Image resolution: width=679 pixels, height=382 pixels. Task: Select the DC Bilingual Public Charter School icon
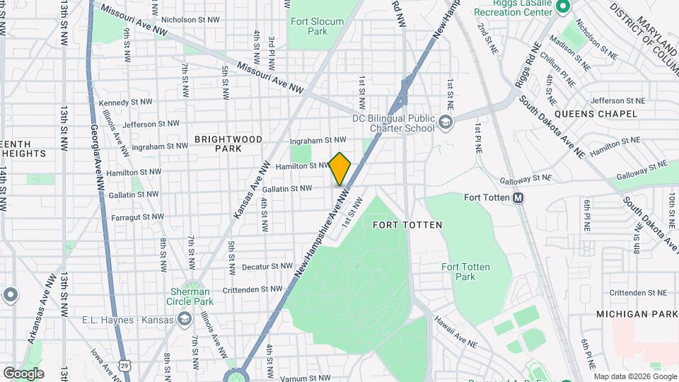446,123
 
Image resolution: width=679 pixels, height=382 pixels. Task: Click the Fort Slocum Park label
318,26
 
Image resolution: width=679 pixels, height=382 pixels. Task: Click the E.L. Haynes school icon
184,320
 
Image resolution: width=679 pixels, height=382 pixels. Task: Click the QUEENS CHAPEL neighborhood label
587,113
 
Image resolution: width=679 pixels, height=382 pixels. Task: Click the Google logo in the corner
23,373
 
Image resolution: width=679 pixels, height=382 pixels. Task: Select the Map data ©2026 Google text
634,376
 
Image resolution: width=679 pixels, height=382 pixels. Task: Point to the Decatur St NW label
267,267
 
